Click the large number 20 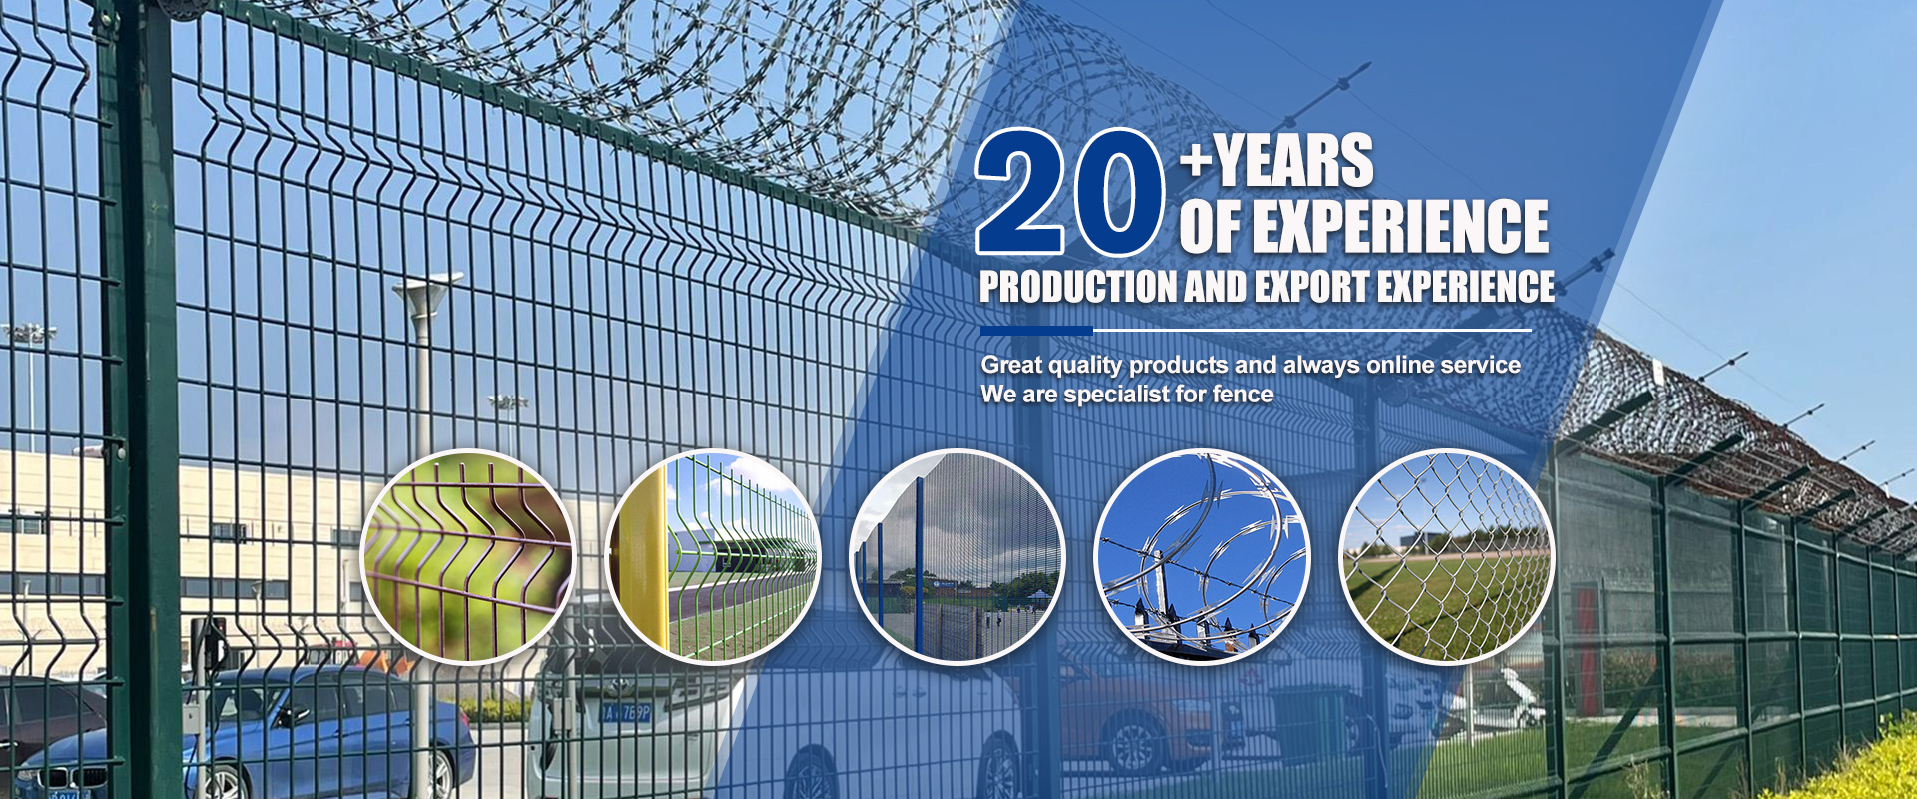pyautogui.click(x=1070, y=191)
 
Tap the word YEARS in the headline pyautogui.click(x=1294, y=161)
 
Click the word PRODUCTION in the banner pyautogui.click(x=1078, y=287)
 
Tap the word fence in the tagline pyautogui.click(x=1243, y=395)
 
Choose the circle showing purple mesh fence pyautogui.click(x=468, y=557)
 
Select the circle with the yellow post pyautogui.click(x=713, y=557)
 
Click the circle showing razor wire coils pyautogui.click(x=1202, y=557)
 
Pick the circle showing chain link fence pyautogui.click(x=1447, y=557)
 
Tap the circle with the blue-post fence pyautogui.click(x=958, y=557)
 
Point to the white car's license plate pyautogui.click(x=627, y=713)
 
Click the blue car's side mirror pyautogui.click(x=292, y=715)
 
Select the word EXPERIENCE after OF pyautogui.click(x=1401, y=226)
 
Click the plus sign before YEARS pyautogui.click(x=1196, y=160)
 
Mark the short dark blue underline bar pyautogui.click(x=1036, y=330)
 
